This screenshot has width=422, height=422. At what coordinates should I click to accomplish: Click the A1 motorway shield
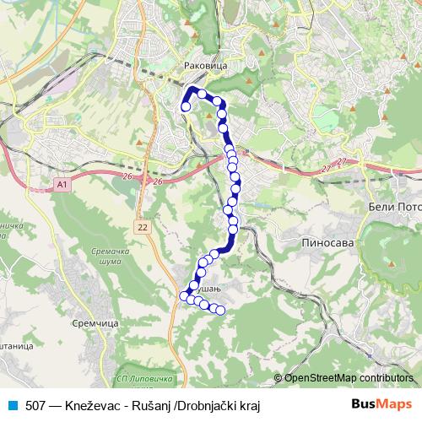coord(63,183)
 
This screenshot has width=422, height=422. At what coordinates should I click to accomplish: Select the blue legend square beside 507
coord(13,405)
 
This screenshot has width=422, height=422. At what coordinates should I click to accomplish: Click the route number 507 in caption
coord(36,405)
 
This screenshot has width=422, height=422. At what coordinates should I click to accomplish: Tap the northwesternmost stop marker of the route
coord(186,106)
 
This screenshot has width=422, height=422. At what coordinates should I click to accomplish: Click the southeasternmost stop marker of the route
coord(221,311)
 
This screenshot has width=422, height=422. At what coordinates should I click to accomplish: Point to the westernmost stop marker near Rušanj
coord(184,295)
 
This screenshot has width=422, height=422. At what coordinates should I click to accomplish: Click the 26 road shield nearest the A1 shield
coord(127,176)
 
